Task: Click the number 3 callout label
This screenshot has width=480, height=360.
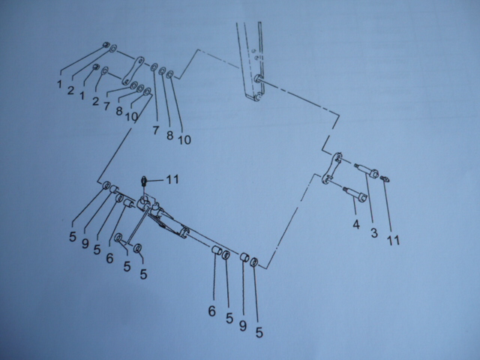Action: coord(374,233)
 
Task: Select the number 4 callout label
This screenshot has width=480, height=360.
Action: coord(355,225)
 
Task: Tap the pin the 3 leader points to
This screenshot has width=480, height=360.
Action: coord(367,170)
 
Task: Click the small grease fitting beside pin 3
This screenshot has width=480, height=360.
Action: coord(385,178)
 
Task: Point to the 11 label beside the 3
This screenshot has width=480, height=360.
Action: coord(393,240)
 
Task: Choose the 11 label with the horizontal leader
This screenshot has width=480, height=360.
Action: coord(172,179)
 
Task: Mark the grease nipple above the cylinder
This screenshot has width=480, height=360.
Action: coord(144,181)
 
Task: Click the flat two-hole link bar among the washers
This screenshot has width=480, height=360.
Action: coord(133,70)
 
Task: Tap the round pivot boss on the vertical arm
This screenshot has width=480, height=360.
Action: coord(257,78)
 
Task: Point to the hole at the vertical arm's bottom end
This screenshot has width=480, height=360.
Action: coord(258,97)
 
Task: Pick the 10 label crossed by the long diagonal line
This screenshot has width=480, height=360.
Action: coord(132,116)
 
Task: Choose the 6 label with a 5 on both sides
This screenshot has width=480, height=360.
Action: coord(109,259)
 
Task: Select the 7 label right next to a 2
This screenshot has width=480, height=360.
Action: coord(106,106)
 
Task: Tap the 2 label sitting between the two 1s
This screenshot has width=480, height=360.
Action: coord(70,90)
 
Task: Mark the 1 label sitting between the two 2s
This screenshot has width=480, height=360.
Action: coord(82,95)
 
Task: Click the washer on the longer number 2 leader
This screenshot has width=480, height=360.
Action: coord(113,48)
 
